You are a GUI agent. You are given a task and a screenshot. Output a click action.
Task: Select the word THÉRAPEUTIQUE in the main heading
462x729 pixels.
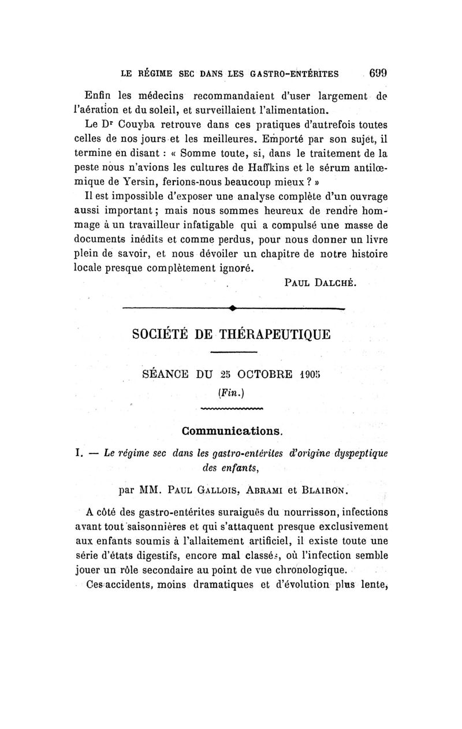pos(274,334)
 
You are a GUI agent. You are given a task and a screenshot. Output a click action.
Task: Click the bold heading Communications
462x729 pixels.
pos(232,431)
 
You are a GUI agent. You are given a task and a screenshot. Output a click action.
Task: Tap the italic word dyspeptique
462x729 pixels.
pos(362,453)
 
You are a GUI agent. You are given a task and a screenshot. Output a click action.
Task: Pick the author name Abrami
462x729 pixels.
pos(265,491)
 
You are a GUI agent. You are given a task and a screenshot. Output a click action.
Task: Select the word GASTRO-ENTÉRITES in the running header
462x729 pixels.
pos(295,74)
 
